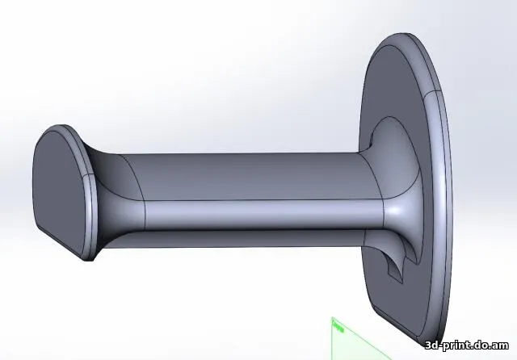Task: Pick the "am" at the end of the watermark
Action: point(502,345)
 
